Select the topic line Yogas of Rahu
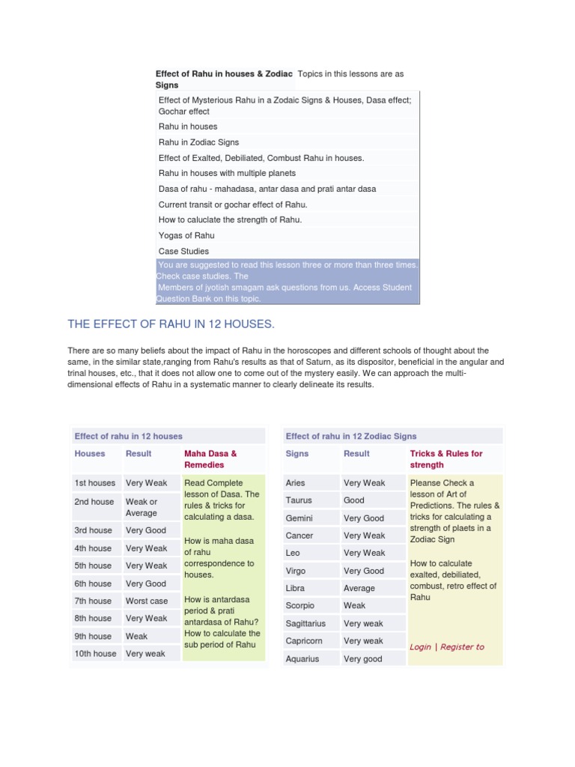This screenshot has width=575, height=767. [186, 235]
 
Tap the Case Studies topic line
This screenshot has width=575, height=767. [184, 251]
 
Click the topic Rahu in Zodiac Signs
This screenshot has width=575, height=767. [199, 142]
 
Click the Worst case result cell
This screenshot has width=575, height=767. [147, 601]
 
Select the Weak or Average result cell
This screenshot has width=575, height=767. [142, 507]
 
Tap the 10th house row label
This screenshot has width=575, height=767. [95, 653]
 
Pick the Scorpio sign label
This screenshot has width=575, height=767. [300, 605]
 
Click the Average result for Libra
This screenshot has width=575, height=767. [359, 588]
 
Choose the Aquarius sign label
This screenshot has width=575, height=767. [302, 658]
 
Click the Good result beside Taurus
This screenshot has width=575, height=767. [354, 500]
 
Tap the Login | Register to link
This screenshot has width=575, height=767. [447, 646]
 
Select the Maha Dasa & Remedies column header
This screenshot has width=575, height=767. [210, 458]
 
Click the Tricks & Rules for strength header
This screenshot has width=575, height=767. [446, 458]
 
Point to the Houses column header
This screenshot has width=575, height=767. [90, 453]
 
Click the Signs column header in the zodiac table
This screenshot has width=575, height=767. [297, 453]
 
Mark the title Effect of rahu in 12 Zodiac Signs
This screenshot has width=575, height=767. [351, 436]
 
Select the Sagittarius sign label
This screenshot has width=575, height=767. [303, 623]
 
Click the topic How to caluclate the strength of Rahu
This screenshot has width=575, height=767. [230, 219]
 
